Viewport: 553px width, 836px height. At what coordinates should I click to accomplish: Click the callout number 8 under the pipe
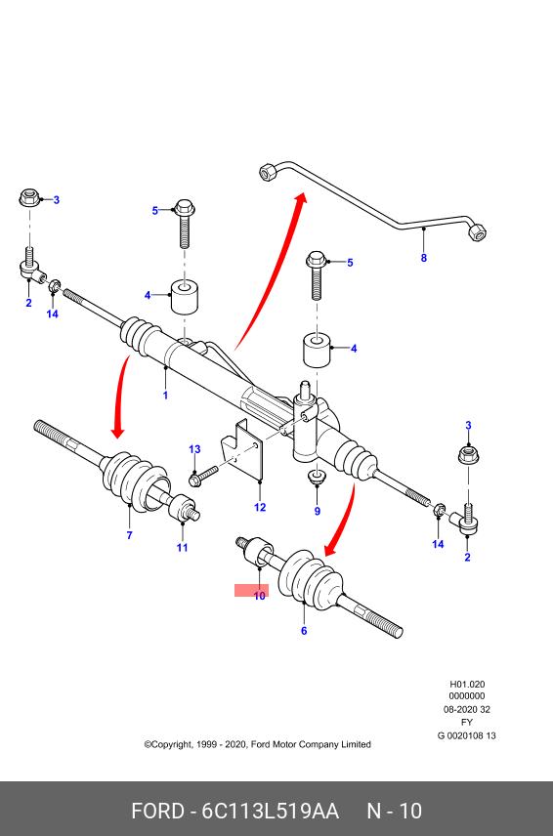(x=424, y=258)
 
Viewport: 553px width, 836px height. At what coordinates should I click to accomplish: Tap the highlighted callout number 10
(x=259, y=596)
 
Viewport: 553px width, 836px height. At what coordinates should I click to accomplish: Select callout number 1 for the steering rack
(x=165, y=396)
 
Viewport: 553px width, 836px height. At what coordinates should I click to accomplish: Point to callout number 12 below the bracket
(x=260, y=507)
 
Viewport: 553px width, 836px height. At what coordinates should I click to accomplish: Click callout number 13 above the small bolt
(x=194, y=449)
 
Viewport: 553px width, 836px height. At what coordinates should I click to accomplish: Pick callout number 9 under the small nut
(x=318, y=512)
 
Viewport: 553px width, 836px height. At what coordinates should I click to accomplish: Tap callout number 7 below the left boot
(x=130, y=535)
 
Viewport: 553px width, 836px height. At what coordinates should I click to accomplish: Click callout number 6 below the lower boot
(x=304, y=631)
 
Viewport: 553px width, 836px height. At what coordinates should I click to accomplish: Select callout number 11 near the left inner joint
(x=183, y=548)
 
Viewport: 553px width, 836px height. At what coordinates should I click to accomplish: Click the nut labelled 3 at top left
(x=30, y=198)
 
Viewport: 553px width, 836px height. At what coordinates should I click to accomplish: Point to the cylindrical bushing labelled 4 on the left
(x=185, y=297)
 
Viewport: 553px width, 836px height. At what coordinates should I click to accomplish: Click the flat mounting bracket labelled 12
(x=243, y=448)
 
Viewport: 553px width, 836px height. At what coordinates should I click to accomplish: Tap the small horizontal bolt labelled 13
(x=203, y=476)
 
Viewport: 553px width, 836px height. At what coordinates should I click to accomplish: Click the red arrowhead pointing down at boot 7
(x=117, y=429)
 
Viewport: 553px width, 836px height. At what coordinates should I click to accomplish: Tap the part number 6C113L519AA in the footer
(x=270, y=811)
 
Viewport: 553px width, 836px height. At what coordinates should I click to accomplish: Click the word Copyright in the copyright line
(x=170, y=744)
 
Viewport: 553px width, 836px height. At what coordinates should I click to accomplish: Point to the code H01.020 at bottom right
(x=467, y=684)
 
